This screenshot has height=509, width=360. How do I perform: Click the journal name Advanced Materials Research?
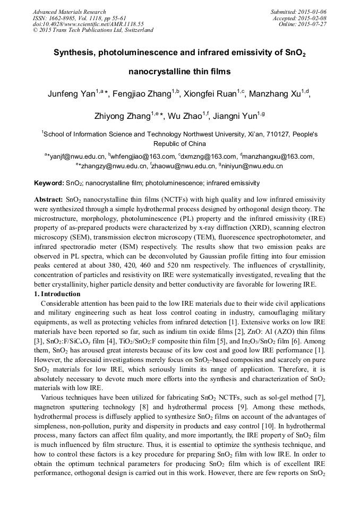click(69, 12)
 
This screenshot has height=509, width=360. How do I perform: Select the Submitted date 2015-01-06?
click(313, 12)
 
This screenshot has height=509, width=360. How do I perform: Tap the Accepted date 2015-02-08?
click(314, 18)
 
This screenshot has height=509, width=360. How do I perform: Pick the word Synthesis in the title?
click(75, 53)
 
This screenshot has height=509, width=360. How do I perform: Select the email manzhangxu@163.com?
click(278, 157)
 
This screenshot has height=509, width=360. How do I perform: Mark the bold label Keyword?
click(49, 183)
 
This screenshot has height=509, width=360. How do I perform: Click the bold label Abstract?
click(48, 199)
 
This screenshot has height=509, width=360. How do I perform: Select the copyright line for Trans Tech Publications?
click(93, 30)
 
